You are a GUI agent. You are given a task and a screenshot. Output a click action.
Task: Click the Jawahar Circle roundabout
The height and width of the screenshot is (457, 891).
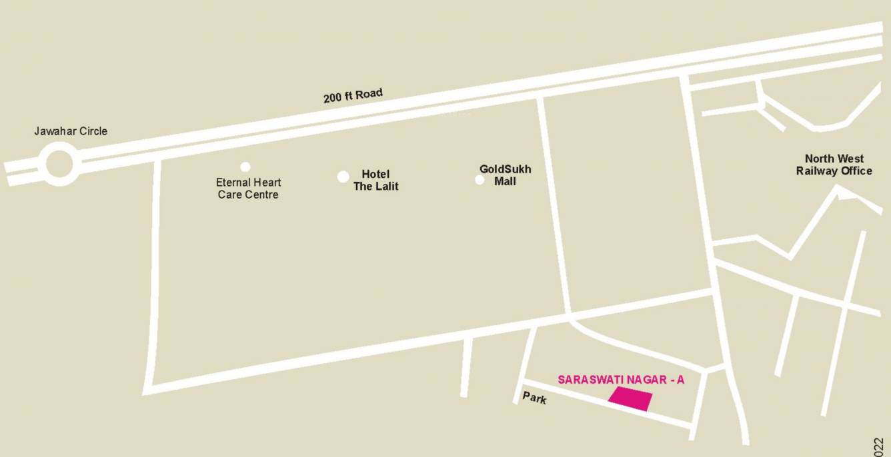(59, 164)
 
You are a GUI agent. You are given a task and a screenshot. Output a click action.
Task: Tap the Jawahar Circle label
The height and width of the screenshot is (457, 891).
(71, 131)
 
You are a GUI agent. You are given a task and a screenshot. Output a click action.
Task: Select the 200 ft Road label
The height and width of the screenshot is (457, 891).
(353, 96)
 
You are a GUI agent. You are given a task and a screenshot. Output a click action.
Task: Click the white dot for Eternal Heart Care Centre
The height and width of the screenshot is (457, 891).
(245, 167)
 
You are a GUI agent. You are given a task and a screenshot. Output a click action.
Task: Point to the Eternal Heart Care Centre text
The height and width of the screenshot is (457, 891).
(248, 189)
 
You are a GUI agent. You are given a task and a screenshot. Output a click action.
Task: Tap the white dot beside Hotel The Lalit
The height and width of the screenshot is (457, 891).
(343, 177)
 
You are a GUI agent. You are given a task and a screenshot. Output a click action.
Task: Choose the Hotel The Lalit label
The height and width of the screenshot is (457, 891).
(376, 181)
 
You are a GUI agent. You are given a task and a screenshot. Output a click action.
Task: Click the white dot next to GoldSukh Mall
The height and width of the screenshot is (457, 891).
(480, 180)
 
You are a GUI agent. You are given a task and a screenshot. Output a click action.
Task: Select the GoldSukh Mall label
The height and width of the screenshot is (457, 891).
(505, 175)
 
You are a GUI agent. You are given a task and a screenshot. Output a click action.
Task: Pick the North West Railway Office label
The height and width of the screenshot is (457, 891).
(834, 165)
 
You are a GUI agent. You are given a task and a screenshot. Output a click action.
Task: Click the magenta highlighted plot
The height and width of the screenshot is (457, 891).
(630, 399)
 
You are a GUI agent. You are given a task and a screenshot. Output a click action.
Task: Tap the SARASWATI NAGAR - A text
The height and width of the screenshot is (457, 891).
(621, 380)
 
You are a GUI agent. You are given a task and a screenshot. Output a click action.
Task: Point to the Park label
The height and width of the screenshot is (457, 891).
(534, 398)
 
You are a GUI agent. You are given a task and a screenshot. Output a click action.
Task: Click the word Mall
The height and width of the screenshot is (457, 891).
(505, 181)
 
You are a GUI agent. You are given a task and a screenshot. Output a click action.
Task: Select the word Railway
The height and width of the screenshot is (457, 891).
(818, 171)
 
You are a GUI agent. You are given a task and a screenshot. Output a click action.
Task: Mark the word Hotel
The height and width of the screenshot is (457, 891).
(375, 175)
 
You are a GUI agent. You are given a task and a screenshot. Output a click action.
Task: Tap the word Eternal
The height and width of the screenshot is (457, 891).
(233, 183)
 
